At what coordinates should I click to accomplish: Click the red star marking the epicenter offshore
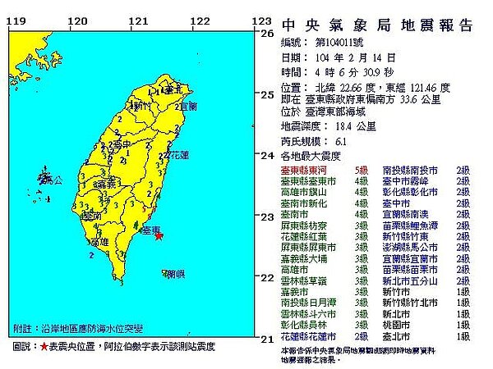coord(159,236)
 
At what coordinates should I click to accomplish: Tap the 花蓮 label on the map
coord(177,154)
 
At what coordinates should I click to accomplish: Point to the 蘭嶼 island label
coord(173,275)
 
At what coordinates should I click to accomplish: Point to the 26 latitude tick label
coord(265,34)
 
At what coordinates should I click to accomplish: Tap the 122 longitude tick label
coord(198,21)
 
